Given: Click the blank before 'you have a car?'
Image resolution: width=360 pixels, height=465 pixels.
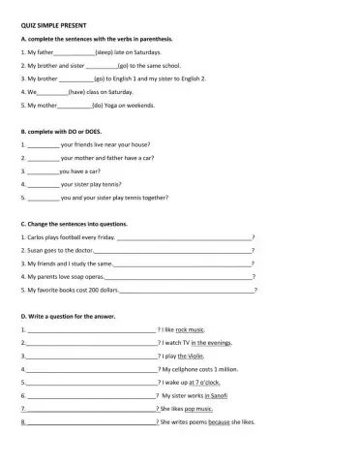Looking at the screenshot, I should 43,170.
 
